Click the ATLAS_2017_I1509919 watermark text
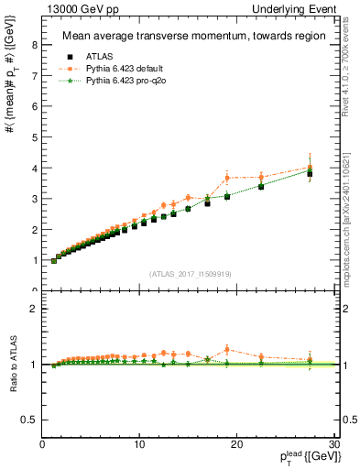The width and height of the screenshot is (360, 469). tap(190, 273)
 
